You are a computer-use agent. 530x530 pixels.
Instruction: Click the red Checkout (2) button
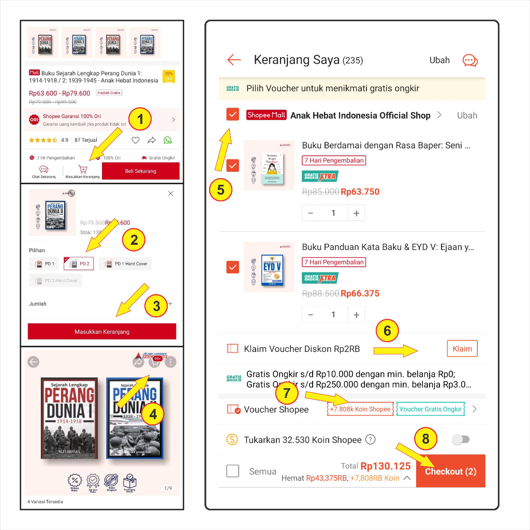point(450,472)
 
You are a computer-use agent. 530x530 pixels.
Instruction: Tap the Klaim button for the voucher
point(462,349)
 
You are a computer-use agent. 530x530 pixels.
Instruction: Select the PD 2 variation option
point(79,264)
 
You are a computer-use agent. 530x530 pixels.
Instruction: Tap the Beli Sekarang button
point(140,171)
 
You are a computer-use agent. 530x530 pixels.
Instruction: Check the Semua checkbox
point(233,471)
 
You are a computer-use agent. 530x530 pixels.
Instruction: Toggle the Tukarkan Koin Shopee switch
point(460,439)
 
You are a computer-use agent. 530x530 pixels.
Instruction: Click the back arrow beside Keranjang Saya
point(234,60)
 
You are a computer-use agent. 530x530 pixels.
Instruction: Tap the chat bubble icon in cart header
point(469,60)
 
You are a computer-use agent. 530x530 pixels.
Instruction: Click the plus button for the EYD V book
point(356,315)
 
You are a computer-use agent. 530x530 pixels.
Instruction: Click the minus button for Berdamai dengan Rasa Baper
point(311,213)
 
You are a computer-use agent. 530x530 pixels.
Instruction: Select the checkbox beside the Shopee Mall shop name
point(233,115)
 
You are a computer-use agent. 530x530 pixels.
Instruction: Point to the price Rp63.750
point(360,192)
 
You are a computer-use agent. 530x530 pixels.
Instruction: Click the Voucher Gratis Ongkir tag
point(430,409)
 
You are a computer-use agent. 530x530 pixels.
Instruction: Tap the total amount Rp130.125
point(386,466)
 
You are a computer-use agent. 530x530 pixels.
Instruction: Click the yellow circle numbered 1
point(140,121)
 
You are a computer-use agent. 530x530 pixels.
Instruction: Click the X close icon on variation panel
point(171,194)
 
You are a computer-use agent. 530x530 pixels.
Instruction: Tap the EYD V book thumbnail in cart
point(269,267)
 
